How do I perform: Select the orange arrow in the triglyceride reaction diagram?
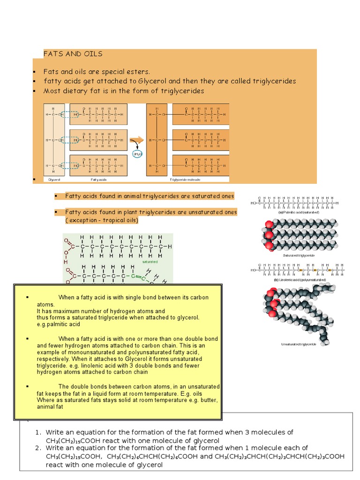[x=136, y=140]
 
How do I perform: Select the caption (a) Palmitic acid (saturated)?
[x=299, y=212]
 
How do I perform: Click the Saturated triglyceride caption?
[x=299, y=255]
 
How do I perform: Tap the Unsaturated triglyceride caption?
[x=299, y=344]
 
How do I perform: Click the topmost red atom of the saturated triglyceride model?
[x=269, y=224]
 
